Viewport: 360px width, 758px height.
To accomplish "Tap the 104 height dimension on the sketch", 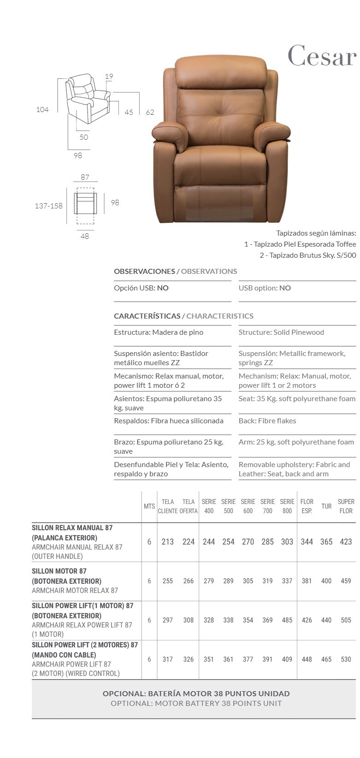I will coord(42,110).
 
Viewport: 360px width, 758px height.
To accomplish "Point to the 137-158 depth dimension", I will coord(48,206).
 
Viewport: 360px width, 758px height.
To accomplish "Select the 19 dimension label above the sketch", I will coord(109,77).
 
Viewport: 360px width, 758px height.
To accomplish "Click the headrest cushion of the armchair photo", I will coord(221,72).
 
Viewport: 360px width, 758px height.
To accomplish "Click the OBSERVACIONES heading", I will coord(144,271).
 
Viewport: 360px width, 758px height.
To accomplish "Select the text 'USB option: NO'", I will coord(265,288).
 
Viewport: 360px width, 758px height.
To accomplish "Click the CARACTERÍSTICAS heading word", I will coord(147,316).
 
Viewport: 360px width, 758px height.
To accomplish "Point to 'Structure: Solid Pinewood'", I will coord(281,332).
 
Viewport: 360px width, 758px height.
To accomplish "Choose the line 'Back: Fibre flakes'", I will coord(267,420).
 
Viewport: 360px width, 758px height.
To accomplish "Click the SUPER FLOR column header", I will coord(346,506).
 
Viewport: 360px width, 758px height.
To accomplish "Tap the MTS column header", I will coord(149,506).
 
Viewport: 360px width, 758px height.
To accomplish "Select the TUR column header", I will coord(326,506).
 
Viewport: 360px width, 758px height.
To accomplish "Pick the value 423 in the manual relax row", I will coord(346,542).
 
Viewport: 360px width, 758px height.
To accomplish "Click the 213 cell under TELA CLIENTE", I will coord(167,542).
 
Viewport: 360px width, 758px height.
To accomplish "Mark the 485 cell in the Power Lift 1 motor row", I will coord(287,620).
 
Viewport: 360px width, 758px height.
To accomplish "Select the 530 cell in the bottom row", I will coord(346,659).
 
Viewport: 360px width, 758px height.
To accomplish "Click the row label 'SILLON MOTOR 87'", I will coord(59,571).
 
